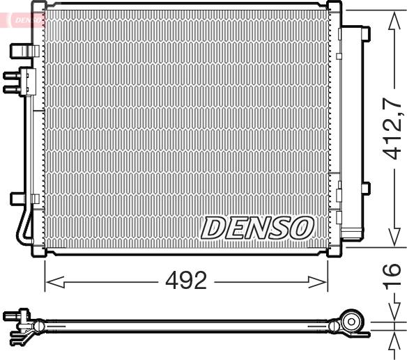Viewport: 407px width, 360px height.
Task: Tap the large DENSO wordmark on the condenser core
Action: click(x=257, y=226)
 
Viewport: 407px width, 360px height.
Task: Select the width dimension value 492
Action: click(x=185, y=282)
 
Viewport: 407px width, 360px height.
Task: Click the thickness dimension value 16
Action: click(x=393, y=276)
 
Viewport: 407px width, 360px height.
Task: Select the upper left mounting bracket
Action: click(x=24, y=49)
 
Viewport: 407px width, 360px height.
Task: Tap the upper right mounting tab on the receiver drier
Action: click(x=364, y=33)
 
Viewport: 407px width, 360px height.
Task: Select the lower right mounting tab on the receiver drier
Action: click(x=364, y=188)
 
